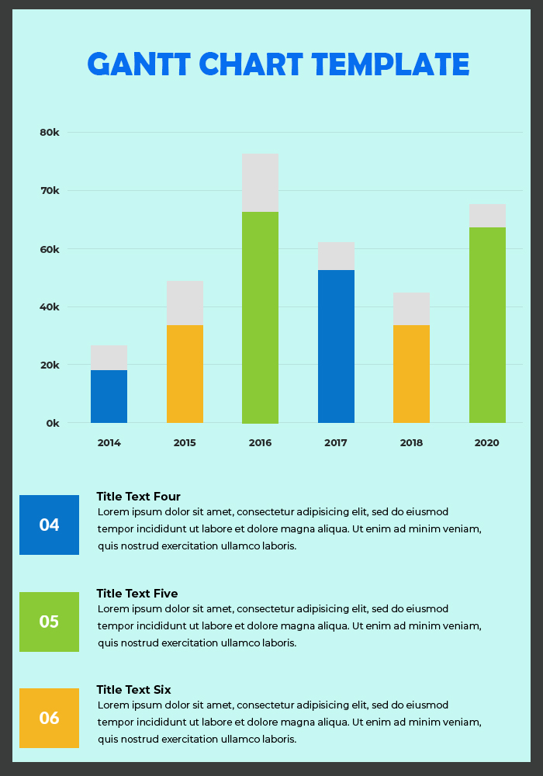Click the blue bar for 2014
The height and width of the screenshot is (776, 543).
click(x=109, y=397)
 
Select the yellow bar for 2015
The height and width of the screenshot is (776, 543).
click(x=185, y=374)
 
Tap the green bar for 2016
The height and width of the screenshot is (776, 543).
click(x=260, y=317)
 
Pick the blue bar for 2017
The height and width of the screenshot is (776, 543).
click(x=336, y=346)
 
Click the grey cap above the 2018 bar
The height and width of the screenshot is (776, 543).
click(x=411, y=309)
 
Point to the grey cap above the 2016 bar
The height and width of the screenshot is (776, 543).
click(x=260, y=182)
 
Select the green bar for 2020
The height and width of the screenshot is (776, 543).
click(x=487, y=325)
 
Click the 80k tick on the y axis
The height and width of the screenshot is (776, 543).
click(x=50, y=133)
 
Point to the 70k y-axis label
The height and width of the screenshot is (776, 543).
click(x=50, y=191)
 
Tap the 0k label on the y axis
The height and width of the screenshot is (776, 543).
click(x=52, y=424)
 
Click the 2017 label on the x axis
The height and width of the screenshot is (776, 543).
click(x=336, y=443)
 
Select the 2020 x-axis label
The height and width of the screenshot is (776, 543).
click(x=487, y=443)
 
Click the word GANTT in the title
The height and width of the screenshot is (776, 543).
click(x=139, y=64)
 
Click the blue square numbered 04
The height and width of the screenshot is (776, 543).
click(x=49, y=525)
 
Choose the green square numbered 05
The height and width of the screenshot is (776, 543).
click(x=49, y=622)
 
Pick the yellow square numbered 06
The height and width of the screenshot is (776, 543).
click(x=49, y=718)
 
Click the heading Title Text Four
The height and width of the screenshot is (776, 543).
click(x=138, y=497)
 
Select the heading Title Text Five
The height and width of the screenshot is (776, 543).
click(x=137, y=594)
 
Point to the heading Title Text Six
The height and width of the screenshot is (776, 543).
click(x=133, y=690)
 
